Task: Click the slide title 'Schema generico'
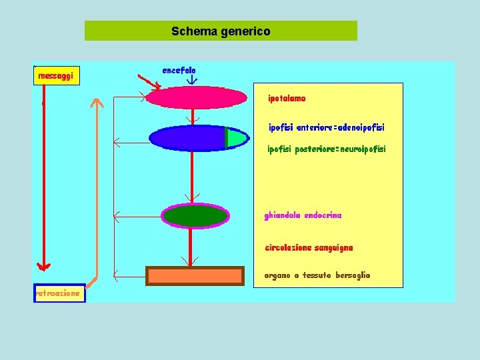[221, 31]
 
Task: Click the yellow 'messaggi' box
[57, 76]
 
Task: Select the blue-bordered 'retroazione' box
[59, 293]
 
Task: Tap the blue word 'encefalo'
[179, 70]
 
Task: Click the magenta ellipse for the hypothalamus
[196, 97]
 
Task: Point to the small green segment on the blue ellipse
[235, 137]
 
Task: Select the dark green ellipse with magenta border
[195, 216]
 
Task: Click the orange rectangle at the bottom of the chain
[195, 275]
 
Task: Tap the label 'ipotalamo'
[287, 99]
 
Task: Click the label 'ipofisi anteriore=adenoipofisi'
[326, 127]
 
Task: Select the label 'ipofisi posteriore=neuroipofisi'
[326, 149]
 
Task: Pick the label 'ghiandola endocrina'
[303, 216]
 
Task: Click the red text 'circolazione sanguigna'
[309, 248]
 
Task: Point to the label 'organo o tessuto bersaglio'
[317, 275]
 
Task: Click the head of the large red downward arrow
[43, 267]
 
